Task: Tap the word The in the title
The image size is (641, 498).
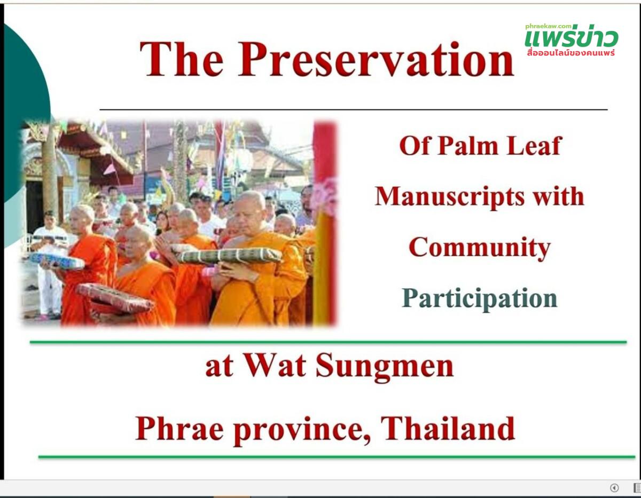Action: point(182,59)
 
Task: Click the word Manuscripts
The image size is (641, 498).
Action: point(450,197)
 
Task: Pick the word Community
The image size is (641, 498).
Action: point(480,248)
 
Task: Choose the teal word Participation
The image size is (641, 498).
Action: point(479,299)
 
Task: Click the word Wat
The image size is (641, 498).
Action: point(275,366)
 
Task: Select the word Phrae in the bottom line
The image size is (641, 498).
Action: point(179,429)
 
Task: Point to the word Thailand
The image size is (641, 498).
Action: point(448,428)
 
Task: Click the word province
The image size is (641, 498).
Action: point(302,431)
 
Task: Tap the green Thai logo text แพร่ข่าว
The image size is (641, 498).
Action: point(572,37)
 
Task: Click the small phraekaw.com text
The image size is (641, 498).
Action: point(548,27)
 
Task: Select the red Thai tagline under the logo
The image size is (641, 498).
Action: point(571,53)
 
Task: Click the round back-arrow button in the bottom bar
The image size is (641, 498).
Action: point(614,488)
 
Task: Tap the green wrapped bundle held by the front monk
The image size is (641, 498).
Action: point(229,256)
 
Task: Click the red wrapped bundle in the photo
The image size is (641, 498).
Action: point(115,298)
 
